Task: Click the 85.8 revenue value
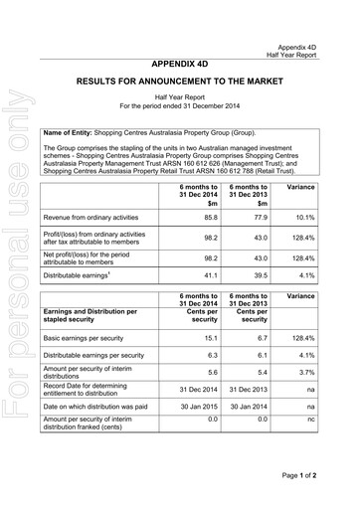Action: (x=211, y=217)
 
